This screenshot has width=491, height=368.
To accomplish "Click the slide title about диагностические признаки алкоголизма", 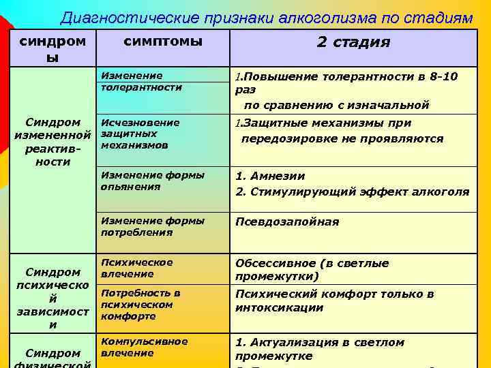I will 266,18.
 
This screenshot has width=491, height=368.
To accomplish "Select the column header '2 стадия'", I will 353,42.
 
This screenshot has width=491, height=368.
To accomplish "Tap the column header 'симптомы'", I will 163,42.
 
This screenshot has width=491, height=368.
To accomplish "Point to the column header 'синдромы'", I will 53,48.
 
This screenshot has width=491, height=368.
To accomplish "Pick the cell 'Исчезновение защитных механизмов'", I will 140,134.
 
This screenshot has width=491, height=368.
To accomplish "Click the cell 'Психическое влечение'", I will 136,268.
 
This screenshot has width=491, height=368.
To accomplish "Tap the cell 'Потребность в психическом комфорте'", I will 140,305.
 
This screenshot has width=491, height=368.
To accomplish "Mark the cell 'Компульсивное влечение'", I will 144,347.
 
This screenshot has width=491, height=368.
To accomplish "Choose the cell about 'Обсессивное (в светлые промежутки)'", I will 312,270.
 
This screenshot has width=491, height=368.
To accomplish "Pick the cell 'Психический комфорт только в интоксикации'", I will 334,301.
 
